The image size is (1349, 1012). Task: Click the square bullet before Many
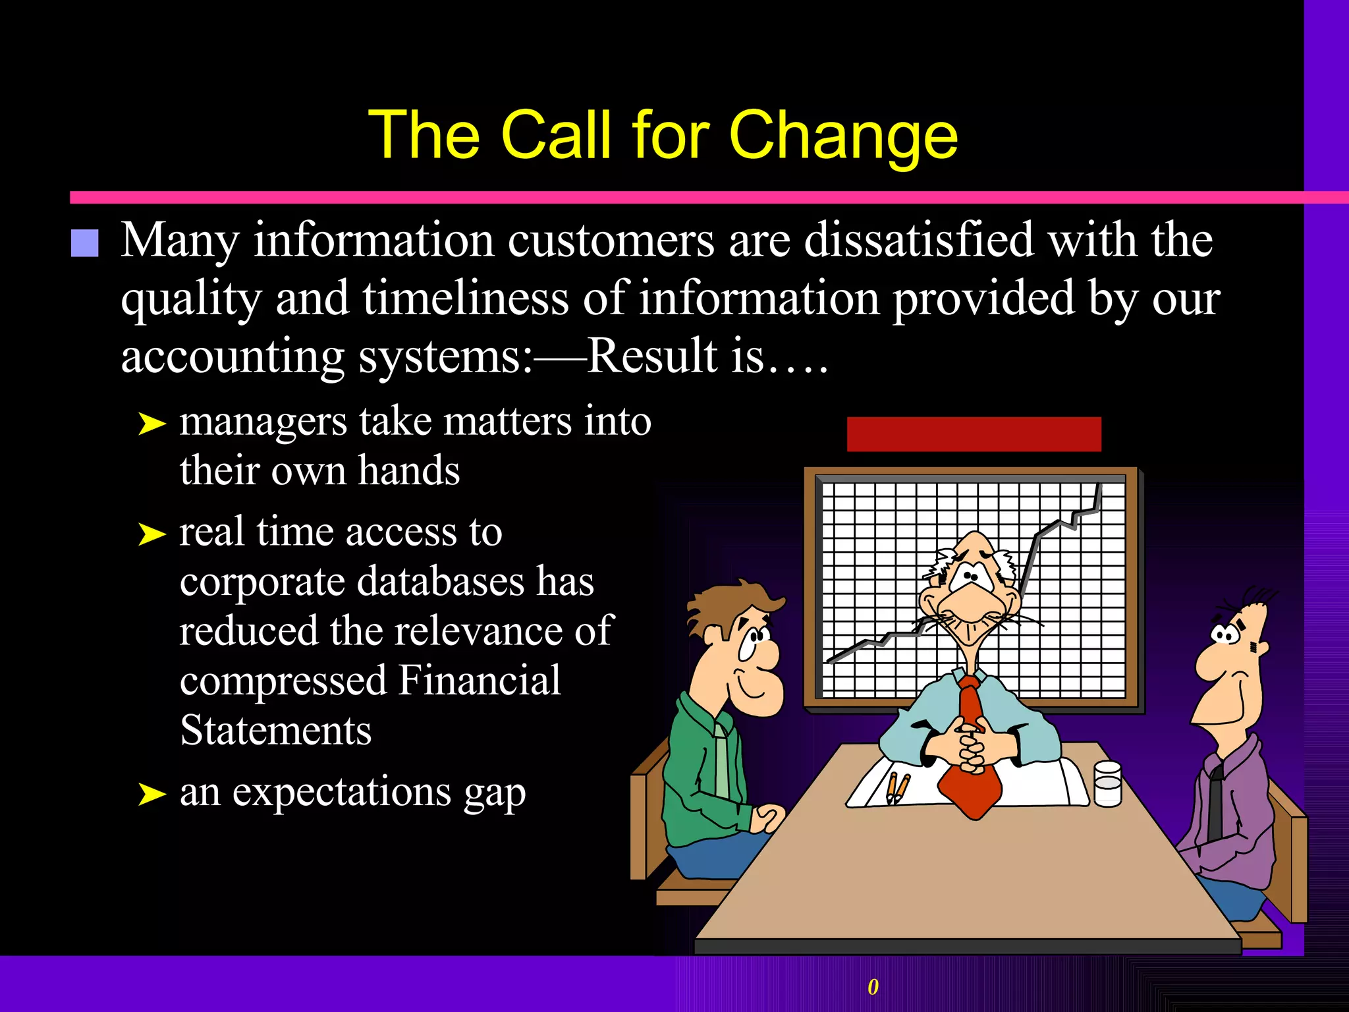click(84, 242)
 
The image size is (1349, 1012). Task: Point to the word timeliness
click(465, 298)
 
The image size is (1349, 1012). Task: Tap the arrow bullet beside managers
click(152, 424)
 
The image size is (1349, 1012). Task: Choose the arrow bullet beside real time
click(152, 534)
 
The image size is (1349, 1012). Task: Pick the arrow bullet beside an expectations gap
click(152, 793)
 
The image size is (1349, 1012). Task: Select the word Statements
click(275, 731)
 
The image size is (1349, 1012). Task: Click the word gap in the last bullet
click(495, 793)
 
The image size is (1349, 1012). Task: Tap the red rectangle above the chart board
click(974, 434)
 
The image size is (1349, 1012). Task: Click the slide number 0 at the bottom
click(873, 986)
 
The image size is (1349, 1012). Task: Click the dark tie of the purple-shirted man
click(1215, 804)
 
